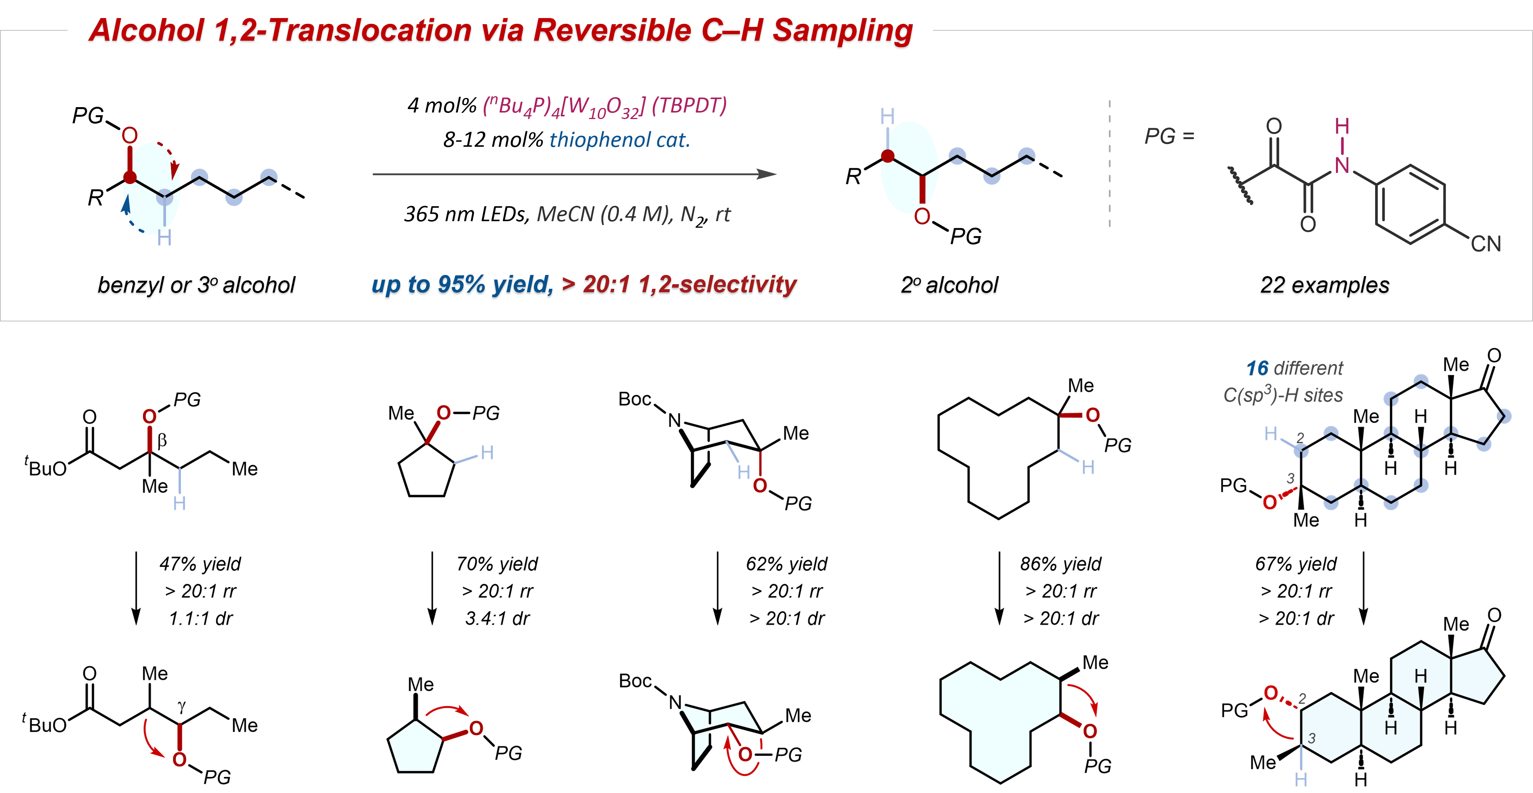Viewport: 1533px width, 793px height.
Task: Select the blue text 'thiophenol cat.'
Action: tap(620, 140)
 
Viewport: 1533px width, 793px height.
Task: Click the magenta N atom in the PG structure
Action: tap(1342, 166)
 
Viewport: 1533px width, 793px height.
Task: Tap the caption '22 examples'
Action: tap(1325, 285)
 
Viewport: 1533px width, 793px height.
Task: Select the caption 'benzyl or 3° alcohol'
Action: tap(196, 285)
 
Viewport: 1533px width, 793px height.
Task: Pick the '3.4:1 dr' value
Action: tap(497, 618)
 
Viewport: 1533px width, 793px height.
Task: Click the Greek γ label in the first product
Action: tap(182, 706)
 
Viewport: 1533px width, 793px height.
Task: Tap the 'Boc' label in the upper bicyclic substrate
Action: tap(635, 399)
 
